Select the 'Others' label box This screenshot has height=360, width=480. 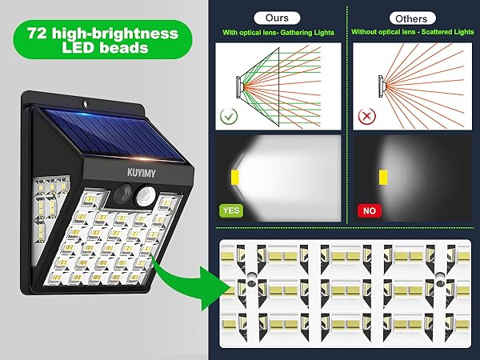[x=411, y=18]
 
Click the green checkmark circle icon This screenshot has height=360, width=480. [x=228, y=116]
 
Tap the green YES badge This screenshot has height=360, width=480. [x=230, y=210]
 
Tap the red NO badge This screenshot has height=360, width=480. [x=368, y=210]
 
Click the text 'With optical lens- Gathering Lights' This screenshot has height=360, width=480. [x=278, y=33]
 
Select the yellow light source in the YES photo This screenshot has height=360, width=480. [x=235, y=175]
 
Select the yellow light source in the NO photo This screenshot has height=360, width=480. [x=383, y=175]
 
